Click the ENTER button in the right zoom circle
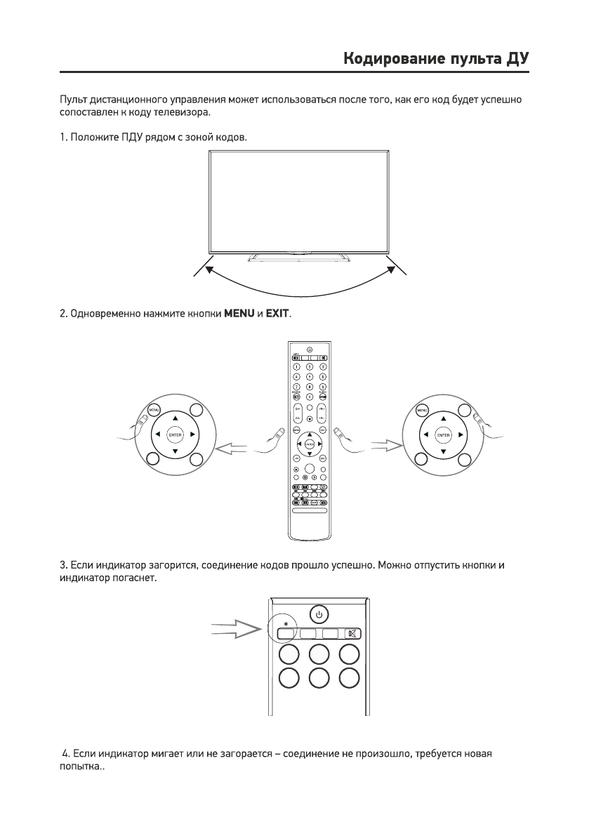(444, 434)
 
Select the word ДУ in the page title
(516, 58)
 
